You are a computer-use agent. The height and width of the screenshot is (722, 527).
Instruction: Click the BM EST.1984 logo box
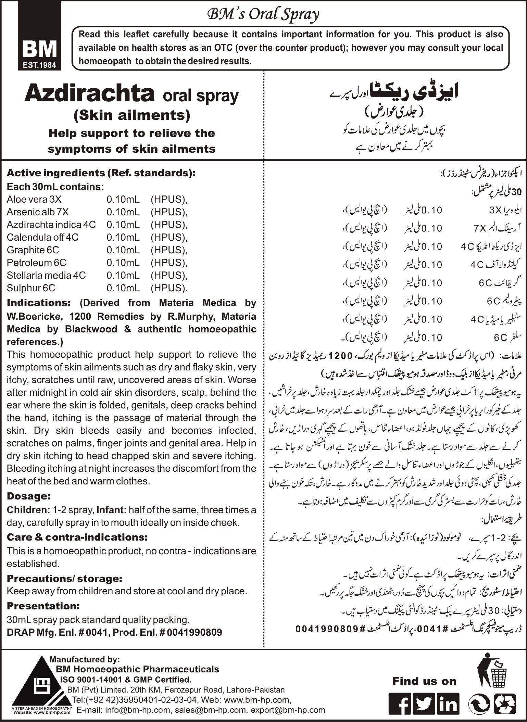point(40,36)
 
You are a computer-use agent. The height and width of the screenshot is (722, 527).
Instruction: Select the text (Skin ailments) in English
point(132,115)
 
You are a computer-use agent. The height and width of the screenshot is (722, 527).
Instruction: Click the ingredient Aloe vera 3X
point(34,200)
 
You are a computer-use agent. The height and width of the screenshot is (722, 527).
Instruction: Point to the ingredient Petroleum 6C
point(37,263)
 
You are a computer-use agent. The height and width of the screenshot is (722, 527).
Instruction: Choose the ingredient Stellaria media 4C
point(46,276)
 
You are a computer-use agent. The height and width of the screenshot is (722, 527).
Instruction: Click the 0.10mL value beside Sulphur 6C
point(123,288)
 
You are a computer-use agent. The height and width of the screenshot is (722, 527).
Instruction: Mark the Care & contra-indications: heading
point(77,537)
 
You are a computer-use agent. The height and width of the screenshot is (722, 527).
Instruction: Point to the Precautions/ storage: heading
point(64,579)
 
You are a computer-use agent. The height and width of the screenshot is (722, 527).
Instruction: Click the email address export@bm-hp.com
point(288,710)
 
